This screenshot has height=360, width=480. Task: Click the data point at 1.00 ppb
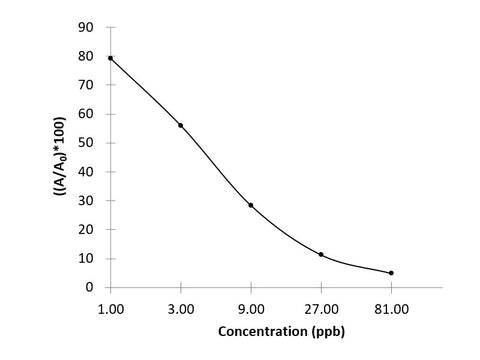[x=110, y=58]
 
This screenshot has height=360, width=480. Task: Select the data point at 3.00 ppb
[x=180, y=125]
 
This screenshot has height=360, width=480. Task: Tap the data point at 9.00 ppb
[x=251, y=205]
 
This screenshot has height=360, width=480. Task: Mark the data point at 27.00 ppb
[x=321, y=254]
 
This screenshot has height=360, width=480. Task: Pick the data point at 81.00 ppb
[x=391, y=273]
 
